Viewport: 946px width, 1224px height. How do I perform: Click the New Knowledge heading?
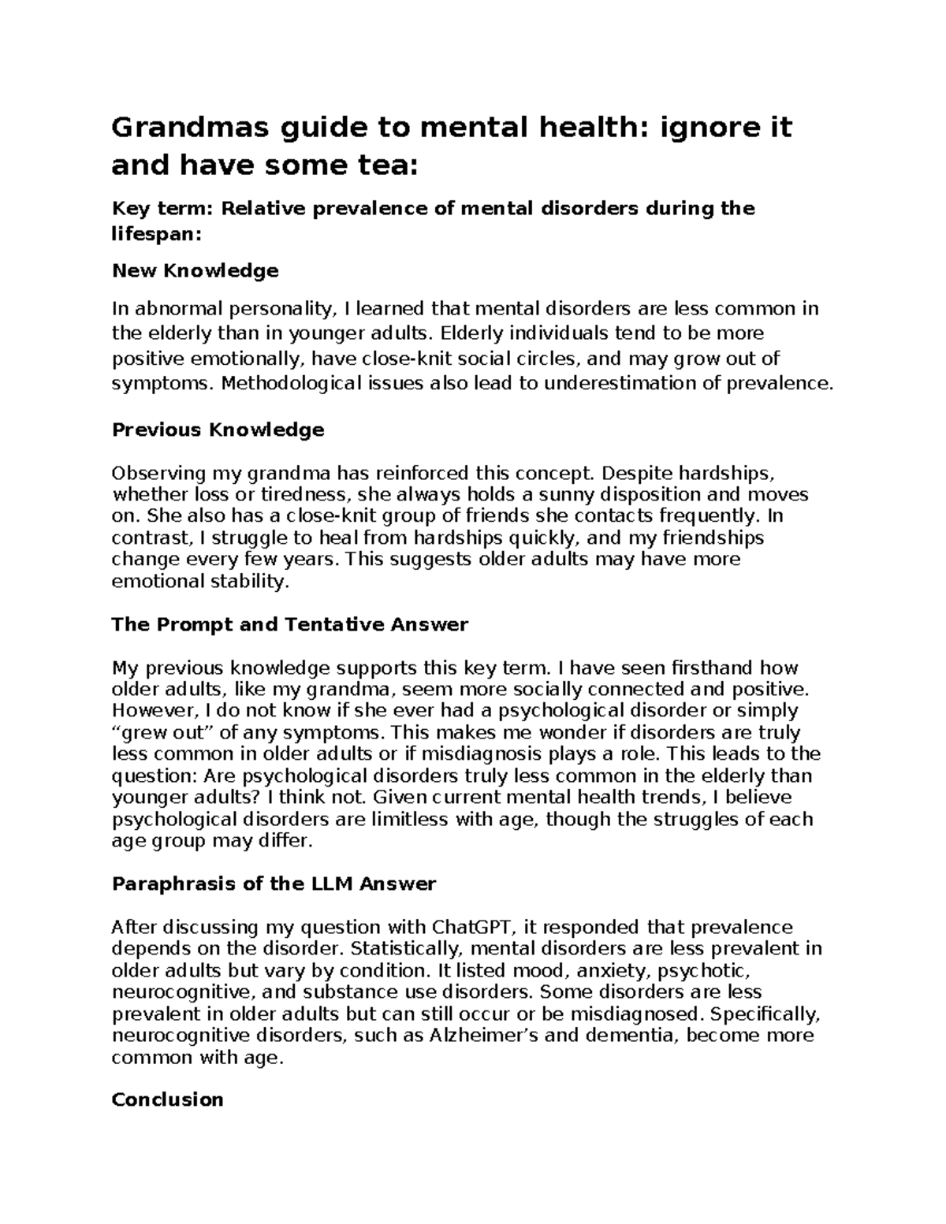click(196, 271)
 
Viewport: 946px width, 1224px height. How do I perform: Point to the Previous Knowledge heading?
click(218, 430)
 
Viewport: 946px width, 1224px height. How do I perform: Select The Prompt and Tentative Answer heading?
click(290, 625)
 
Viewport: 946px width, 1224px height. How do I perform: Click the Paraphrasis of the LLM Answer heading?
click(274, 884)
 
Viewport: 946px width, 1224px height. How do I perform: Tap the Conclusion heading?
click(168, 1099)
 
